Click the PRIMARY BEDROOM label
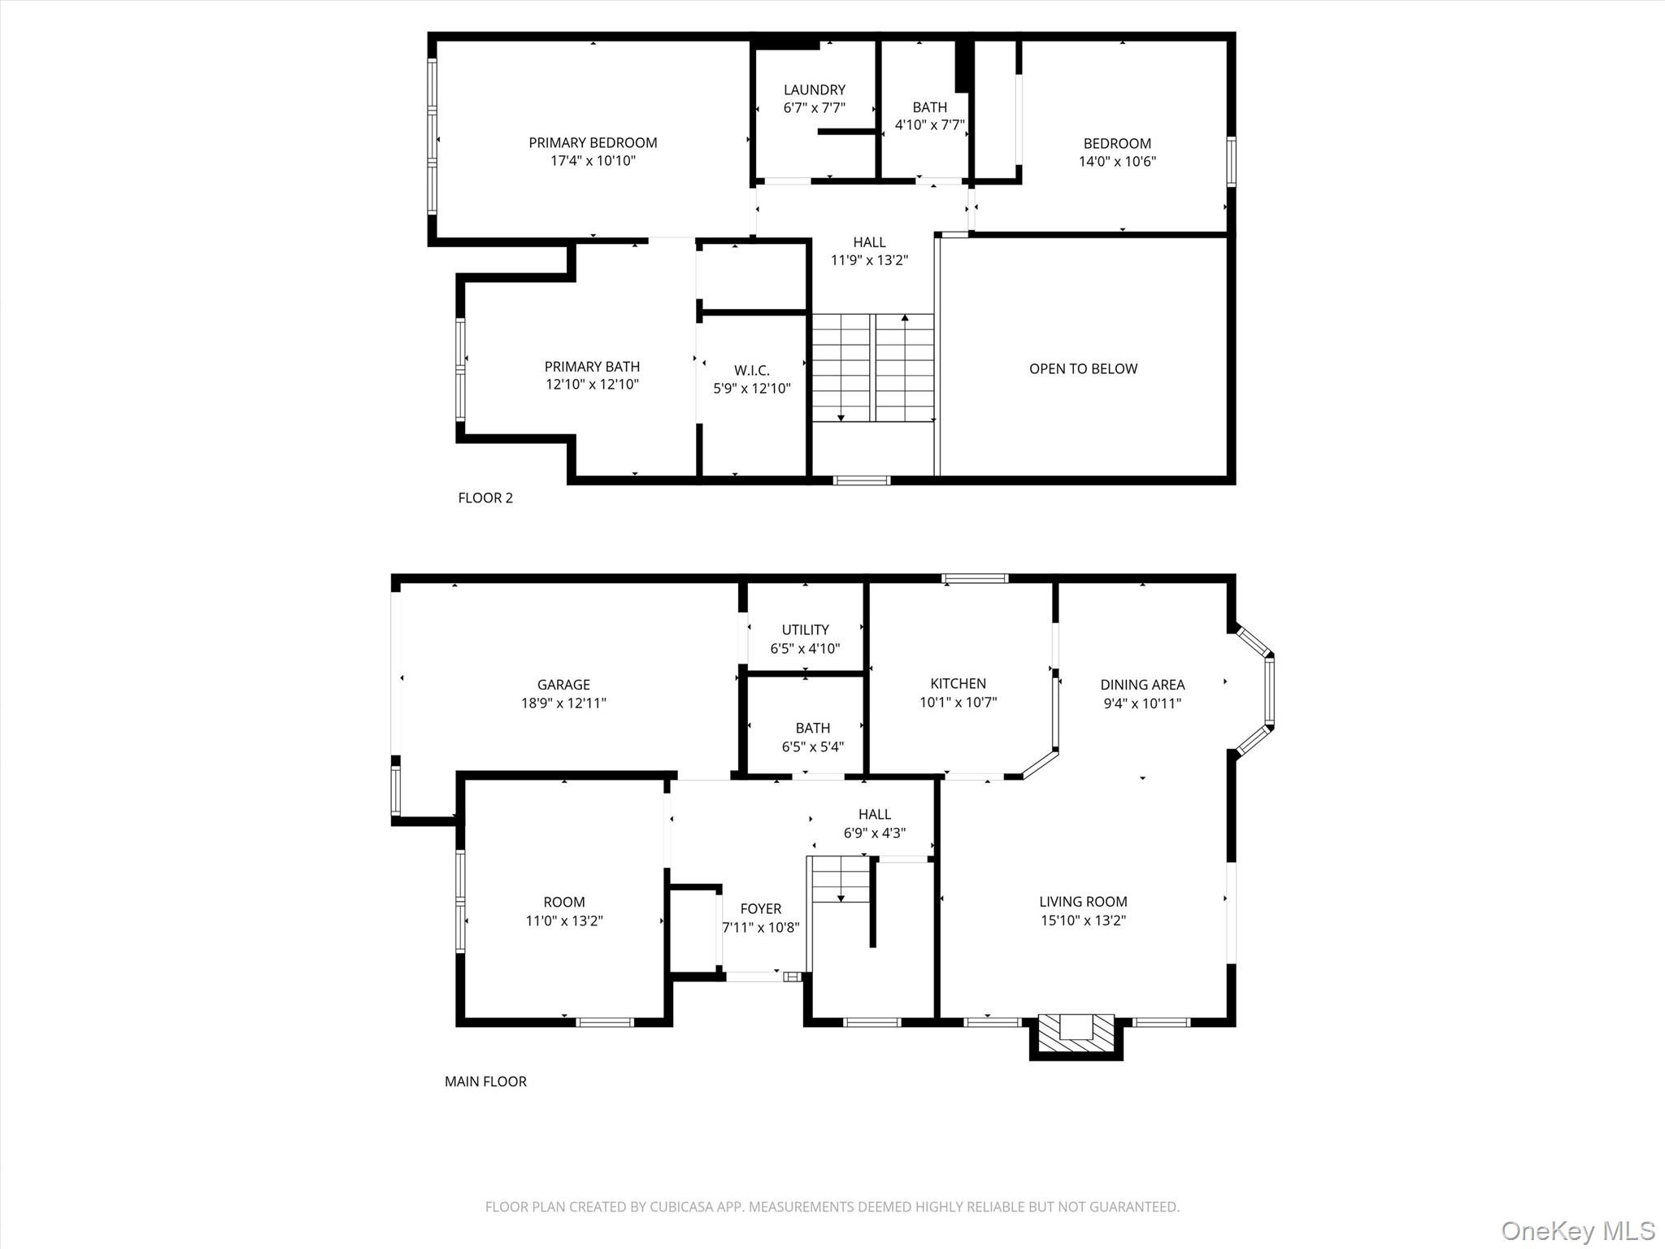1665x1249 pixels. tap(593, 143)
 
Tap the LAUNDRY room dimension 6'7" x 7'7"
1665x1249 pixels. tap(814, 108)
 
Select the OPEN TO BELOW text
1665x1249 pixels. tap(1083, 369)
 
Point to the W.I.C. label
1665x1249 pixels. tap(751, 371)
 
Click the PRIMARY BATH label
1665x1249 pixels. tap(592, 367)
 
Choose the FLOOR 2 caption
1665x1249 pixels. tap(485, 498)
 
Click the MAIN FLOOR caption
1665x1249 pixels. tap(485, 1081)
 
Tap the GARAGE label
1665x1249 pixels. tap(563, 685)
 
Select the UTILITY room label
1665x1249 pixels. tap(805, 630)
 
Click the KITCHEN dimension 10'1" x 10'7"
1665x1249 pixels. tap(958, 703)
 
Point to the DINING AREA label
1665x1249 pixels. tap(1142, 685)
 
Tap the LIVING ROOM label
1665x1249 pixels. tap(1083, 902)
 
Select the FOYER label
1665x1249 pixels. tap(760, 909)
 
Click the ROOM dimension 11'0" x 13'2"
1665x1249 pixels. tap(563, 921)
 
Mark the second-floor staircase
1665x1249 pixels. tap(873, 368)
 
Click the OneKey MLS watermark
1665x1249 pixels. tap(1577, 1230)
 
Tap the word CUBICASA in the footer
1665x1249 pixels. tap(683, 1208)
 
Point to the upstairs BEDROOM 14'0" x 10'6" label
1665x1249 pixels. tap(1116, 144)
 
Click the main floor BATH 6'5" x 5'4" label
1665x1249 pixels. tap(812, 729)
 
